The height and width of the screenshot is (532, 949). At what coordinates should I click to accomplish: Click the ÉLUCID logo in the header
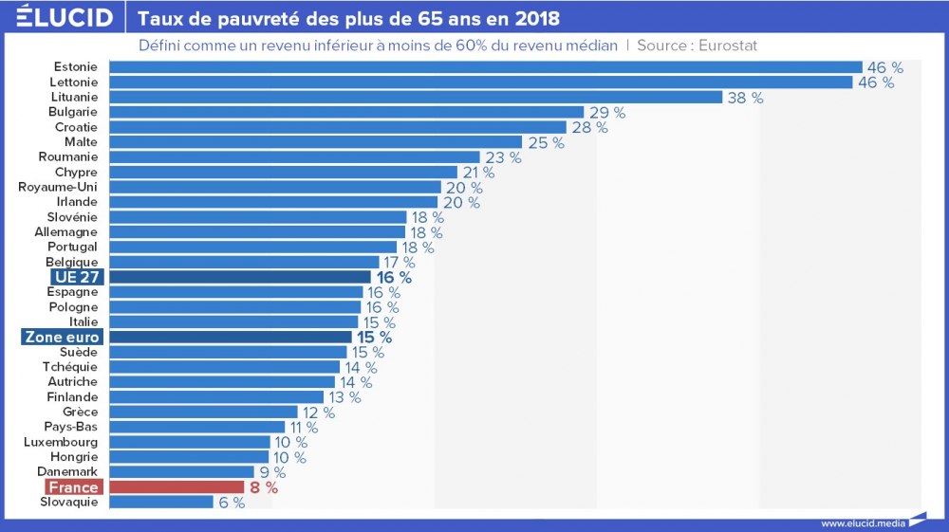point(65,18)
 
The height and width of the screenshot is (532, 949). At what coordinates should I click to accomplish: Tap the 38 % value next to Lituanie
point(745,97)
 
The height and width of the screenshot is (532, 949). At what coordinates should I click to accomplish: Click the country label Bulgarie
point(73,112)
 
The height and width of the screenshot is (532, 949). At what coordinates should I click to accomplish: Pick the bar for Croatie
point(338,127)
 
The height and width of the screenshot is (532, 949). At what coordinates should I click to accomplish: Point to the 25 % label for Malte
point(546,142)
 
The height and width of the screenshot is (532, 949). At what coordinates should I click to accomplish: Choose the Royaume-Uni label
point(58,187)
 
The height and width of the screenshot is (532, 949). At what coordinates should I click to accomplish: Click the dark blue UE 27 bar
point(240,277)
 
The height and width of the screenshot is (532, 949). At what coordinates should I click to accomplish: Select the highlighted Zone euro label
point(62,337)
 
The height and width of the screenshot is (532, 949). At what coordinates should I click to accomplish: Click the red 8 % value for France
point(261,487)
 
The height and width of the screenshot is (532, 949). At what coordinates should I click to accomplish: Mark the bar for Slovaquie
point(161,502)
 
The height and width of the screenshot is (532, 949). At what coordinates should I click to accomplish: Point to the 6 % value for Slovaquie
point(232,503)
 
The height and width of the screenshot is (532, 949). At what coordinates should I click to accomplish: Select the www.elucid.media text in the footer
point(862,523)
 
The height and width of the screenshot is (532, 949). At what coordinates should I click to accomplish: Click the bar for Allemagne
point(258,232)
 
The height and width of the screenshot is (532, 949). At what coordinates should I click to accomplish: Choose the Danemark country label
point(67,471)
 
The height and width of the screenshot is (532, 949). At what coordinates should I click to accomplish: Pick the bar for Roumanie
point(295,157)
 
